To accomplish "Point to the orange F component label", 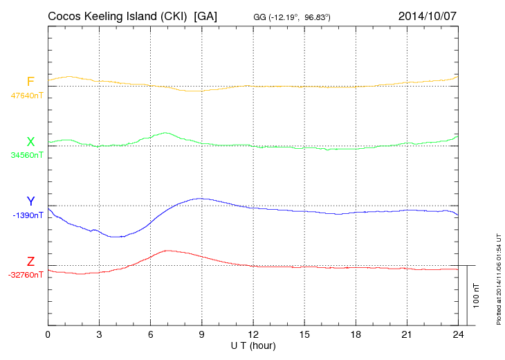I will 30,82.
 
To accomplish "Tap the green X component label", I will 30,142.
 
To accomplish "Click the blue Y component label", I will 30,201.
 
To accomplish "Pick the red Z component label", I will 30,262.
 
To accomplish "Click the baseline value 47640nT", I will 26,96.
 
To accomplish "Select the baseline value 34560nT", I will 26,155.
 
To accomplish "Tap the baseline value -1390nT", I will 28,215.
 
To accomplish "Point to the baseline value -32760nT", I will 26,275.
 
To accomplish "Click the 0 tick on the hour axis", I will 48,334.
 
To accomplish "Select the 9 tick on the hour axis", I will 202,334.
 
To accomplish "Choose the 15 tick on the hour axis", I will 304,334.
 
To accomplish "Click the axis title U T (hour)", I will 253,345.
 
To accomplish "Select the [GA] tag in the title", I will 206,16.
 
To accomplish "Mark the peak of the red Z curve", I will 167,251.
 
